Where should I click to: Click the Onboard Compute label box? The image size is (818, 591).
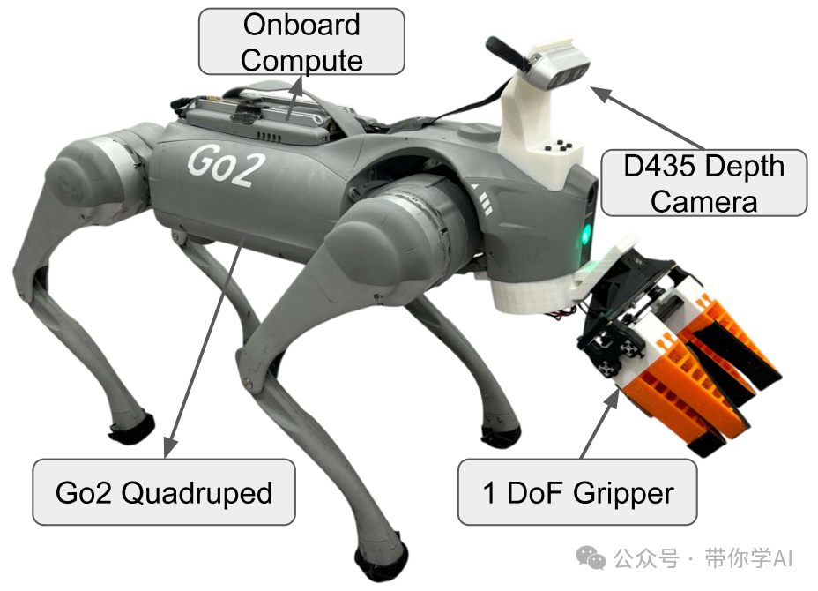(301, 41)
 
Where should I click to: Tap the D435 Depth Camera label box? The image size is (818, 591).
(703, 183)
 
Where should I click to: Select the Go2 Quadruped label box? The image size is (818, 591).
(163, 491)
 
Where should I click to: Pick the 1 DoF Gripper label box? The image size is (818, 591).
(577, 491)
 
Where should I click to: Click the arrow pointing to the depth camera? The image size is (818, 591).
(648, 117)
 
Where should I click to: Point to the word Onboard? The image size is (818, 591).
(301, 25)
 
